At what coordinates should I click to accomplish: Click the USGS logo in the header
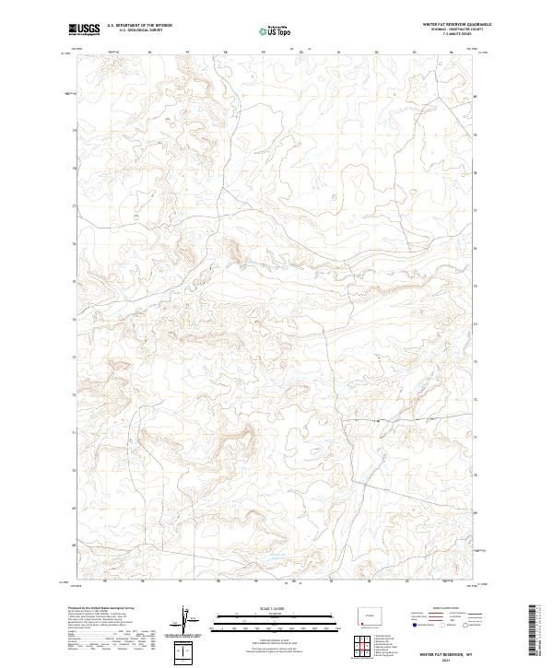point(84,30)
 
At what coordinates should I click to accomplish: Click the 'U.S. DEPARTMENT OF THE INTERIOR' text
point(139,26)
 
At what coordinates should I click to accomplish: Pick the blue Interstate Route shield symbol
point(414,625)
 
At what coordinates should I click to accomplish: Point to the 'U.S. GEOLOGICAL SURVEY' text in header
point(139,31)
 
